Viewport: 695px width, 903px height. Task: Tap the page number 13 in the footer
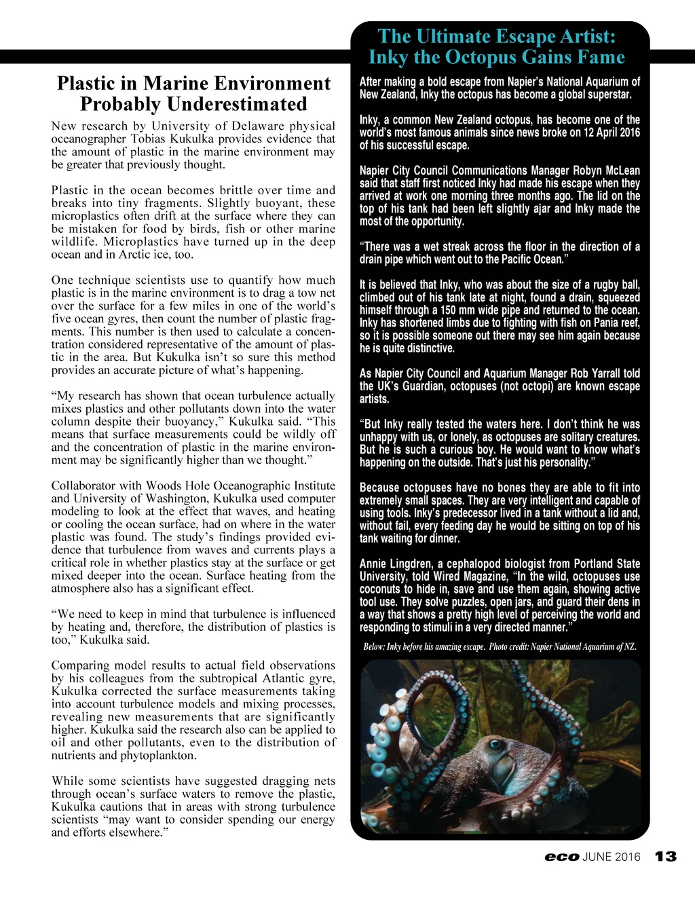[x=666, y=857]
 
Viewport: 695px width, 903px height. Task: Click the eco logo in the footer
[x=562, y=858]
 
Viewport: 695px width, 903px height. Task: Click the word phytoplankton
[x=162, y=755]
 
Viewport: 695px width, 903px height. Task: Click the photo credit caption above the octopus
[x=500, y=647]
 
